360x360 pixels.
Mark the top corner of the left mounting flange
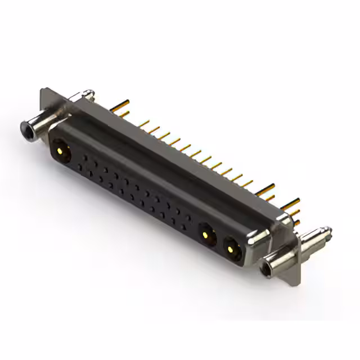(x=43, y=89)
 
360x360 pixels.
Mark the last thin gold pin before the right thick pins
(x=247, y=182)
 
